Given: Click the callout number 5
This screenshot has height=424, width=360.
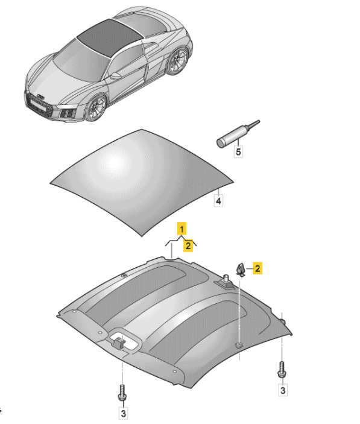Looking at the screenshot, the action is tap(238, 151).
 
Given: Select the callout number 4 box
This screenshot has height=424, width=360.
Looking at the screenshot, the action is tap(218, 201).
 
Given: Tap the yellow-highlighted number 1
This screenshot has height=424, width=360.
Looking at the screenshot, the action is tap(182, 229).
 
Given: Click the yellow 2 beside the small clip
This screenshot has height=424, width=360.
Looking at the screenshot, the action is tap(257, 268).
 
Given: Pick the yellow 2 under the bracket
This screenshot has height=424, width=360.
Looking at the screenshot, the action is tap(188, 245).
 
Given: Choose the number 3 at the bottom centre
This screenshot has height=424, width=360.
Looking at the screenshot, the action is tap(123, 413).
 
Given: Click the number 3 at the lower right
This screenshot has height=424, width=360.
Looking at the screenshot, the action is tap(283, 390).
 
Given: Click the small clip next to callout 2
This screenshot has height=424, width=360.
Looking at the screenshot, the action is tap(240, 270).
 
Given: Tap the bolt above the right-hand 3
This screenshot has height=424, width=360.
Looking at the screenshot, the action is tap(282, 370).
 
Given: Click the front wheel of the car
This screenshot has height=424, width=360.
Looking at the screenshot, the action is tap(96, 108).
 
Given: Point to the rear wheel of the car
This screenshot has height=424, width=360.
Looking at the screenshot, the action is tap(177, 61).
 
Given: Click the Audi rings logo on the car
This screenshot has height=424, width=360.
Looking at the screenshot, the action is tap(41, 97).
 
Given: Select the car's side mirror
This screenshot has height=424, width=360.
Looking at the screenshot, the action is tap(116, 76).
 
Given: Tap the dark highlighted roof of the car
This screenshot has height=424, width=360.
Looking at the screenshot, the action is tap(108, 37).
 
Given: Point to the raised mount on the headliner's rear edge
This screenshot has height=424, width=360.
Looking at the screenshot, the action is tap(226, 282).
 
